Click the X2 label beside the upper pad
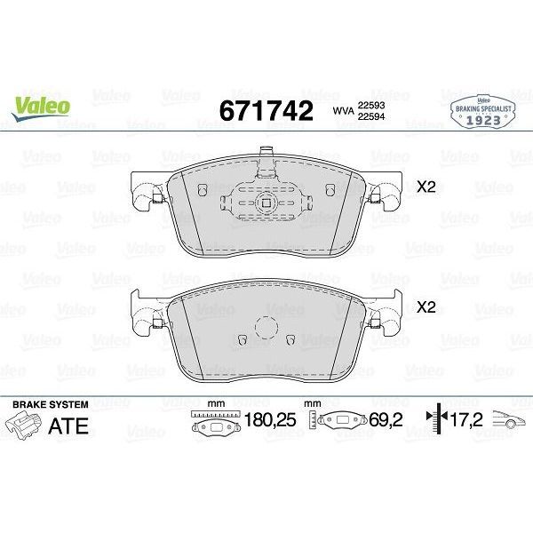[x=426, y=187]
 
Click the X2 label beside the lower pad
[x=426, y=307]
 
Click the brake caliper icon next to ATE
[x=24, y=426]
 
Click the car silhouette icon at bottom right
[x=508, y=424]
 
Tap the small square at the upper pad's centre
[x=266, y=201]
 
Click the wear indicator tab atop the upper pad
[x=266, y=155]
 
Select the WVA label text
[x=343, y=111]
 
